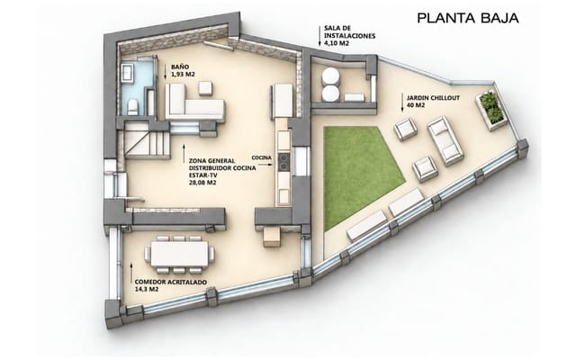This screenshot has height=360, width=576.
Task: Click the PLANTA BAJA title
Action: pos(468,18)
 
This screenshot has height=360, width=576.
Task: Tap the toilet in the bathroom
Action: pos(132,107)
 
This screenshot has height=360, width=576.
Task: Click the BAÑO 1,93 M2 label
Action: pos(183,71)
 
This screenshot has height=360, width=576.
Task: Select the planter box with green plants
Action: pos(492,109)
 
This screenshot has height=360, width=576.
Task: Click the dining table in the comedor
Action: pos(180,254)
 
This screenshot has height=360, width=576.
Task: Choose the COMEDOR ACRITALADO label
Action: pos(170,282)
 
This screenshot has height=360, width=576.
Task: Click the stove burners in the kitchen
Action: pos(283,162)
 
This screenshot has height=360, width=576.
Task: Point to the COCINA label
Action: pos(261,157)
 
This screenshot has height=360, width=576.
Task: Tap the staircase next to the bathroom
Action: pos(148,140)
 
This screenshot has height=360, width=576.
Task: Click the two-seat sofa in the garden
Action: pos(445,140)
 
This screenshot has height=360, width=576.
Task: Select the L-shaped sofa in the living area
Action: pos(194,102)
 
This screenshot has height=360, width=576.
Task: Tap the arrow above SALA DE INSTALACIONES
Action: pos(319,36)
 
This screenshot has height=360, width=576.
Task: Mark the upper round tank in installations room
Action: pos(330,76)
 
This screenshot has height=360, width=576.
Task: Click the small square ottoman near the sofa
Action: pos(205,88)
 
